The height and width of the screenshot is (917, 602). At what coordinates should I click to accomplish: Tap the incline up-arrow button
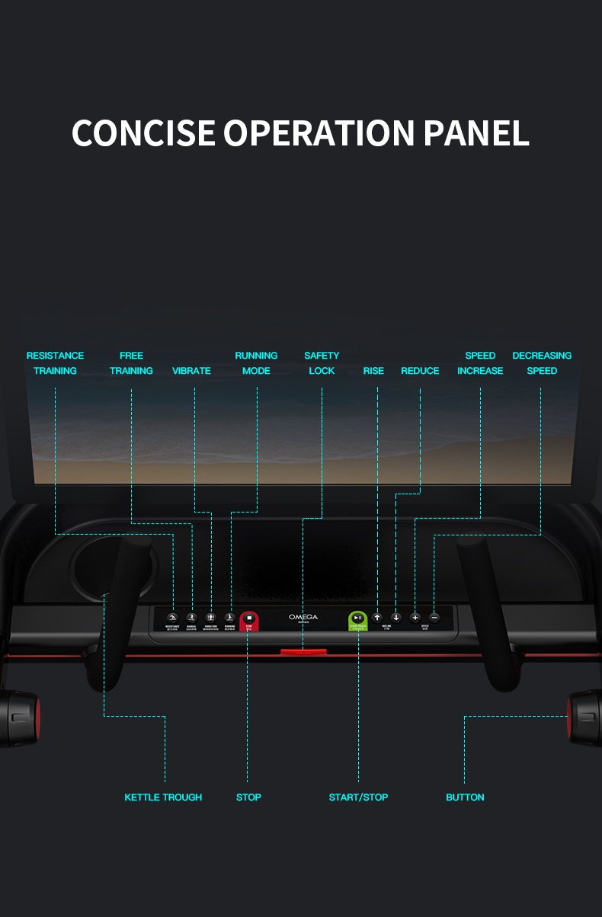[377, 617]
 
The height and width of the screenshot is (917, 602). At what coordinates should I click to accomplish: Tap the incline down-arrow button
[396, 617]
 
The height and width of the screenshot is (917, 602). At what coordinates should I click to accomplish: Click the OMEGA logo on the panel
[303, 617]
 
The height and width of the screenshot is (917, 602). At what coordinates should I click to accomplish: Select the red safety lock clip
[303, 652]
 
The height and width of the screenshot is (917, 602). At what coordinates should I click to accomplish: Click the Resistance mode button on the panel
[172, 618]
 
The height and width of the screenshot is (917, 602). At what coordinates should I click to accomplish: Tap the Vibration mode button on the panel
[211, 618]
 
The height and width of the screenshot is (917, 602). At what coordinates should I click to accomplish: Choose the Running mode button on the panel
[229, 618]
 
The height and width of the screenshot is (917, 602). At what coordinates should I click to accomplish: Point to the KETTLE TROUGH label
[163, 797]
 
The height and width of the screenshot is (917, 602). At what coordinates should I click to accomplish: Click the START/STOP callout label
[358, 797]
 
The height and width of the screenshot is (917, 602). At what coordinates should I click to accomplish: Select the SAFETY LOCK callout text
[322, 363]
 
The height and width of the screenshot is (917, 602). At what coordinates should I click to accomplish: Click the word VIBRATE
[191, 371]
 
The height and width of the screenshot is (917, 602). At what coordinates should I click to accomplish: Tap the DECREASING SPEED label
[542, 363]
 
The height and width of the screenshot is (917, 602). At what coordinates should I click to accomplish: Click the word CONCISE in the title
[143, 133]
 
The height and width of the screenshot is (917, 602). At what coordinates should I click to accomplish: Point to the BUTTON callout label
[465, 797]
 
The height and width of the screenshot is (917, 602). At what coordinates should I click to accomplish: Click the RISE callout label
[373, 371]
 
